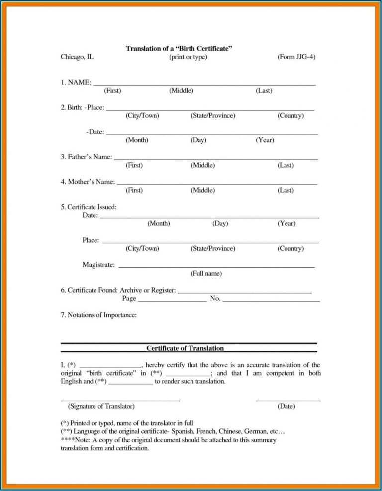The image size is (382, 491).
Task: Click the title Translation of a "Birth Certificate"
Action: tap(179, 48)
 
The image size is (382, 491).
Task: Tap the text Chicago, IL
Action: tap(77, 57)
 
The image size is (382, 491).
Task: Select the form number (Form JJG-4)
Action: tap(296, 57)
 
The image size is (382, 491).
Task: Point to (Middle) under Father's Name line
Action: tap(202, 165)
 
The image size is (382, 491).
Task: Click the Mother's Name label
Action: tap(88, 182)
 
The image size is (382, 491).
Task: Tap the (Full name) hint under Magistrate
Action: tap(206, 273)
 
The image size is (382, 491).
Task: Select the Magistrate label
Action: tap(98, 265)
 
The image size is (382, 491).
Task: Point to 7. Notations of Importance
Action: tap(98, 315)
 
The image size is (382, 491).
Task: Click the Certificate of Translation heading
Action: tap(185, 348)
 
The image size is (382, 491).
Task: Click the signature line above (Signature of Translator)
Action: tap(120, 400)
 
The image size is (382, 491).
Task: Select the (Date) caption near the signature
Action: tap(286, 406)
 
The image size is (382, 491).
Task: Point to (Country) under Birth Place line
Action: tap(290, 116)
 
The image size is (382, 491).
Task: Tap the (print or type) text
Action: tap(188, 57)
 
